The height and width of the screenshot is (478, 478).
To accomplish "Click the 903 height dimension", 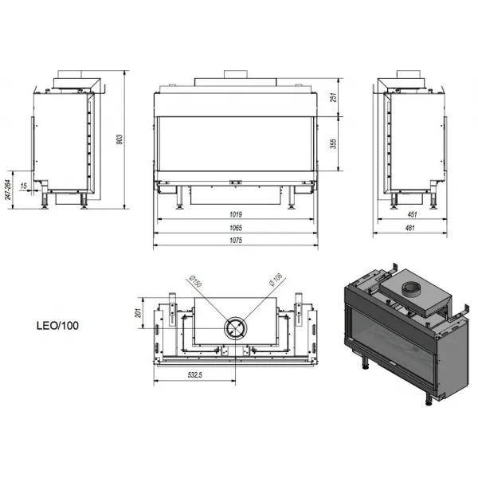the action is (x=119, y=139).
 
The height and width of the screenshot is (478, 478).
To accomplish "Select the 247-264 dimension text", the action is (x=8, y=190).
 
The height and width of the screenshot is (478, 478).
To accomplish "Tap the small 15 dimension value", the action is (x=24, y=186).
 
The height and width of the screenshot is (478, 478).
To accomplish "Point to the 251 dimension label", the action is (x=334, y=97).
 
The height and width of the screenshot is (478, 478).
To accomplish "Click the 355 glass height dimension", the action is (x=334, y=143).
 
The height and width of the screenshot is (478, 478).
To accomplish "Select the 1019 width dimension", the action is (x=236, y=214).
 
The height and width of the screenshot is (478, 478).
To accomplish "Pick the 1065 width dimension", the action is (x=236, y=228).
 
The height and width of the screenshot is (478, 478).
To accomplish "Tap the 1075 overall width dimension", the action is (x=236, y=241).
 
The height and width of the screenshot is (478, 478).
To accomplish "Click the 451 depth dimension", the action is (x=412, y=214).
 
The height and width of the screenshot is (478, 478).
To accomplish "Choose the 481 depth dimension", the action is (x=410, y=228).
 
